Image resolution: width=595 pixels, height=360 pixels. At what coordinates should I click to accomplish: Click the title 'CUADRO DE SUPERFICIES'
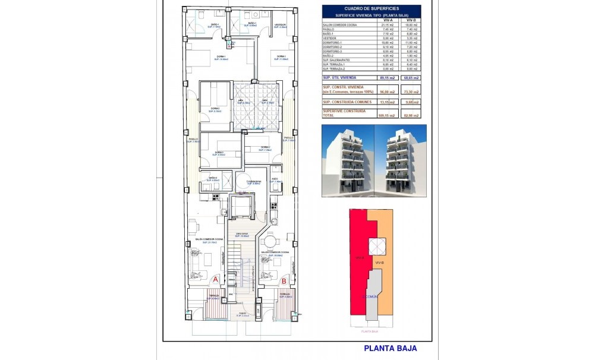(371, 8)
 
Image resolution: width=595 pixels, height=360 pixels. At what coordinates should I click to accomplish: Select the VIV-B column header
(409, 20)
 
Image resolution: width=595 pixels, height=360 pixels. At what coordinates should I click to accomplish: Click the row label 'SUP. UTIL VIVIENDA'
(340, 77)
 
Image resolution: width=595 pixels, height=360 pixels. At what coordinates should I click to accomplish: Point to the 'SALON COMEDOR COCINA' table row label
(339, 24)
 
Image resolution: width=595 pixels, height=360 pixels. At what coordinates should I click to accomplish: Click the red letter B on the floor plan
(284, 281)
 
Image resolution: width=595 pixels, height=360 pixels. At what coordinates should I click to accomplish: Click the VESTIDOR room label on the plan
(281, 25)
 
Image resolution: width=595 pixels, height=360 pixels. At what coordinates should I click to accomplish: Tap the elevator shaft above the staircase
(241, 206)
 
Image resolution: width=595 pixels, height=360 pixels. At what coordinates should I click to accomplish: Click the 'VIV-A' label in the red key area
(358, 258)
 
